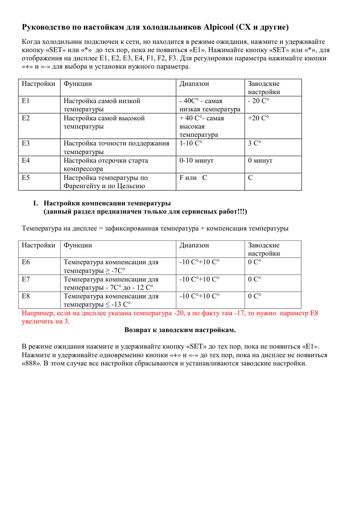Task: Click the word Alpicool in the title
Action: [219, 27]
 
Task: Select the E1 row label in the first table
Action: [25, 101]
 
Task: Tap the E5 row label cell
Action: [25, 178]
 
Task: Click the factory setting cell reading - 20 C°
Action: [258, 101]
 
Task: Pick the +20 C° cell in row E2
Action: [258, 118]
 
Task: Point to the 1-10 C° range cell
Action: [191, 143]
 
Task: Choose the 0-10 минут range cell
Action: [196, 160]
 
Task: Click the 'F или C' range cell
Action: [193, 178]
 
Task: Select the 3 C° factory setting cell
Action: [255, 143]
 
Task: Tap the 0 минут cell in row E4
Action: [260, 160]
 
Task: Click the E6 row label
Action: [25, 262]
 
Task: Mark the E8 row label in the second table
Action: [25, 296]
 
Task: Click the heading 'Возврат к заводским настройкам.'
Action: [180, 330]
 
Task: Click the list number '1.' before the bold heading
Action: [35, 203]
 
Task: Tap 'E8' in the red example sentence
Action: [314, 313]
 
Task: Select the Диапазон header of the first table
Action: [194, 84]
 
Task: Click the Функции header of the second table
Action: [78, 245]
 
